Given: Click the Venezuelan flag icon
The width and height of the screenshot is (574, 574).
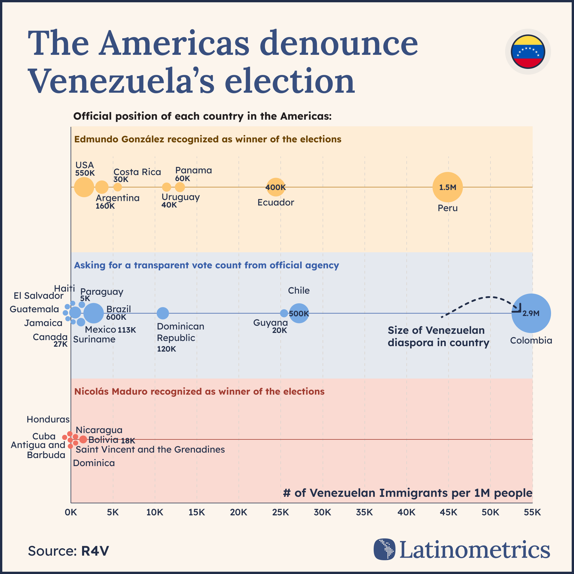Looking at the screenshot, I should click(528, 52).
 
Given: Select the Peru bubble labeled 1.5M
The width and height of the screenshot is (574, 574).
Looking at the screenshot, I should click(447, 187).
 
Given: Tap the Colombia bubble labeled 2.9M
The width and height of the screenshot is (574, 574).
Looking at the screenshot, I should click(531, 313).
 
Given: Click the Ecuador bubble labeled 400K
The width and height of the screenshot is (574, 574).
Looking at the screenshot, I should click(276, 187).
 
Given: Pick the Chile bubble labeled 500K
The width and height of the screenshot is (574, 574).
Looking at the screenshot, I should click(299, 313).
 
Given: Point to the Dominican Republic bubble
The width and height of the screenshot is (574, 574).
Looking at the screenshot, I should click(162, 313).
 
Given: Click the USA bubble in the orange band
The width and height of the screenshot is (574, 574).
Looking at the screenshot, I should click(84, 187).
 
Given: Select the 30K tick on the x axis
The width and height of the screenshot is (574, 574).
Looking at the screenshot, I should click(323, 512).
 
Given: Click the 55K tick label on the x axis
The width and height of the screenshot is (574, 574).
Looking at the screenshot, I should click(532, 512).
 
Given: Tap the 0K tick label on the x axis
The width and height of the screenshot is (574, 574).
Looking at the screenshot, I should click(71, 512).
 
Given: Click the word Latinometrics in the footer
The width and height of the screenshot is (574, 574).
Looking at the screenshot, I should click(474, 550).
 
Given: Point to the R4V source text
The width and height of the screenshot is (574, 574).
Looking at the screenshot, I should click(95, 551).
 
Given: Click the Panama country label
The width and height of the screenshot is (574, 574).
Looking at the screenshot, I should click(193, 170).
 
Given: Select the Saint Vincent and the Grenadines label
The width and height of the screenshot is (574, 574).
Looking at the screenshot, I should click(150, 449).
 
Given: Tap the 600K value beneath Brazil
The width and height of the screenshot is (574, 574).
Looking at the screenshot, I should click(116, 317).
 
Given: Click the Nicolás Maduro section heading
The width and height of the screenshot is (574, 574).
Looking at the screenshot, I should click(199, 391).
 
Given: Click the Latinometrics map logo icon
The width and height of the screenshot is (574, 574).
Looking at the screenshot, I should click(385, 549).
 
